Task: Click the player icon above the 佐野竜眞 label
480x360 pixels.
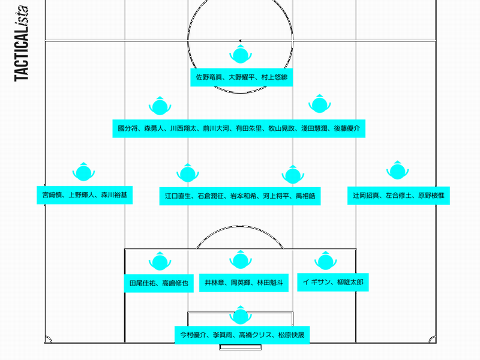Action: (240, 55)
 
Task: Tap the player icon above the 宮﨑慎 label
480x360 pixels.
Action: (83, 172)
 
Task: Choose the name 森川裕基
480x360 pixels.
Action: (113, 196)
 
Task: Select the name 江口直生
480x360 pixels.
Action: (179, 196)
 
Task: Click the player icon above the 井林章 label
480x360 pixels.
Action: (240, 260)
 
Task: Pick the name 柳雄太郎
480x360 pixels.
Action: (349, 281)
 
